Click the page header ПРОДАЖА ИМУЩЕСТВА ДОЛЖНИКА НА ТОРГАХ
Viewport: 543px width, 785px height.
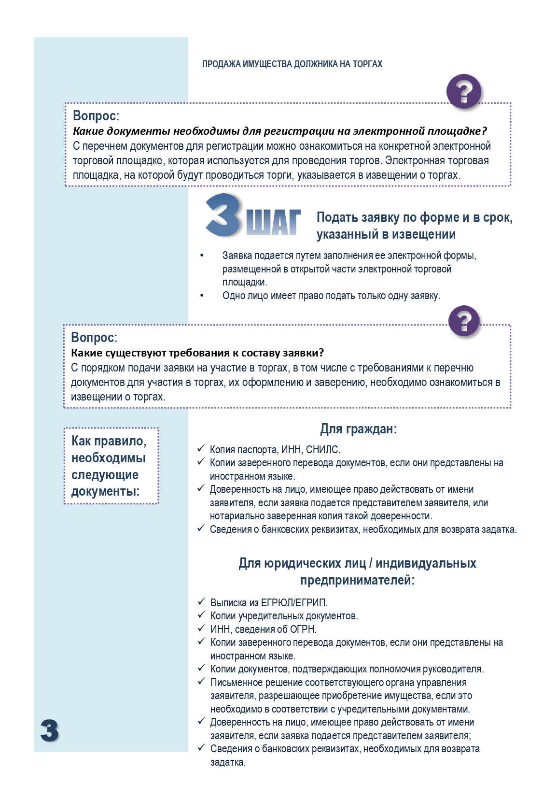pos(292,64)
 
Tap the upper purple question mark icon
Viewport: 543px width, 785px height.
pos(464,91)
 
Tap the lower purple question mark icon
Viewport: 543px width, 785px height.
pos(464,321)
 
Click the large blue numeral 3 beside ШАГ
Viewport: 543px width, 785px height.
pos(223,215)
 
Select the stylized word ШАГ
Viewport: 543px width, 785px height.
pos(273,223)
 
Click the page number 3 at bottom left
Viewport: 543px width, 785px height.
pos(50,731)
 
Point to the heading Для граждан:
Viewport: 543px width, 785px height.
pos(358,429)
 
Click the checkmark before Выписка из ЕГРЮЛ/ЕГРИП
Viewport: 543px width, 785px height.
pos(202,602)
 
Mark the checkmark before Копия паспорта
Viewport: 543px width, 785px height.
pos(201,449)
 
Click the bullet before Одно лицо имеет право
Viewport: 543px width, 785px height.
pos(202,296)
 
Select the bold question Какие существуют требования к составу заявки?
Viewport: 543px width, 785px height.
pos(197,353)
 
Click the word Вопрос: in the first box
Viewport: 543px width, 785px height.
pos(96,116)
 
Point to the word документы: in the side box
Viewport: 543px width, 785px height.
pos(105,492)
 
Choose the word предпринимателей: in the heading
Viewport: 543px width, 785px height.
pos(357,580)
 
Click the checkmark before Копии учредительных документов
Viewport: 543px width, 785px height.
pos(202,615)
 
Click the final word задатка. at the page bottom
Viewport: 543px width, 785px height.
pos(228,762)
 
